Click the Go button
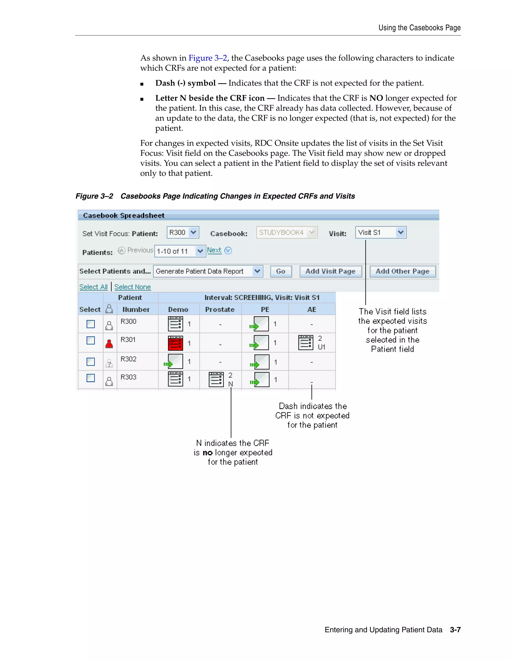(x=281, y=271)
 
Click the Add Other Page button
(x=402, y=271)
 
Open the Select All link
(x=93, y=287)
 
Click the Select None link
(x=132, y=287)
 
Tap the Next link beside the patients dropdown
(x=214, y=250)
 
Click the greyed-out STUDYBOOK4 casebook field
(x=286, y=232)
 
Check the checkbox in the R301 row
(x=91, y=340)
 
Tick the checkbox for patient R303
(x=91, y=378)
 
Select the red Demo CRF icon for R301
(x=175, y=343)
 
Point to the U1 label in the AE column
(x=321, y=347)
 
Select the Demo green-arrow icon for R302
(x=174, y=362)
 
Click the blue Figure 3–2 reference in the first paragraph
(x=207, y=58)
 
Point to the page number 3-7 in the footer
(x=455, y=630)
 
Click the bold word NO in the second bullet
(x=376, y=98)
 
